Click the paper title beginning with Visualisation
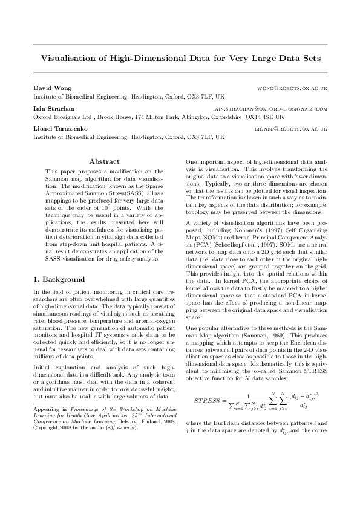(x=180, y=59)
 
